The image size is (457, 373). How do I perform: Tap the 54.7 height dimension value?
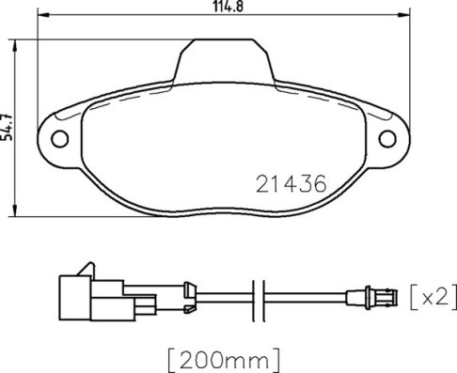click(8, 123)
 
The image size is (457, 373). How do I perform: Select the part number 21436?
click(292, 184)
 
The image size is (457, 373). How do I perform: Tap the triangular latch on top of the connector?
click(87, 268)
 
